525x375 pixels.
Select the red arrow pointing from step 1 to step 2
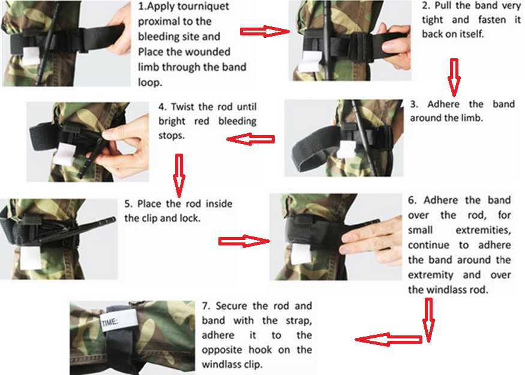click(x=265, y=31)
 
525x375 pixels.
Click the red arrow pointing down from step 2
click(x=454, y=77)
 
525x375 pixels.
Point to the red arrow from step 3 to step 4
click(x=250, y=139)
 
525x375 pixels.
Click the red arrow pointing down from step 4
click(x=179, y=175)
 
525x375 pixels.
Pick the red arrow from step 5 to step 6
click(x=244, y=241)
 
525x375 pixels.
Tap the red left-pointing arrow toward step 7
click(x=388, y=340)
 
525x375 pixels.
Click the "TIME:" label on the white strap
click(x=109, y=322)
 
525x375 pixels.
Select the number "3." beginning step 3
click(x=414, y=104)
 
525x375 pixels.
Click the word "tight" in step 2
click(x=432, y=20)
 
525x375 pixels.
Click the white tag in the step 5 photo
click(x=31, y=258)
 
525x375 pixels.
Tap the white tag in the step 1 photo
click(x=31, y=56)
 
